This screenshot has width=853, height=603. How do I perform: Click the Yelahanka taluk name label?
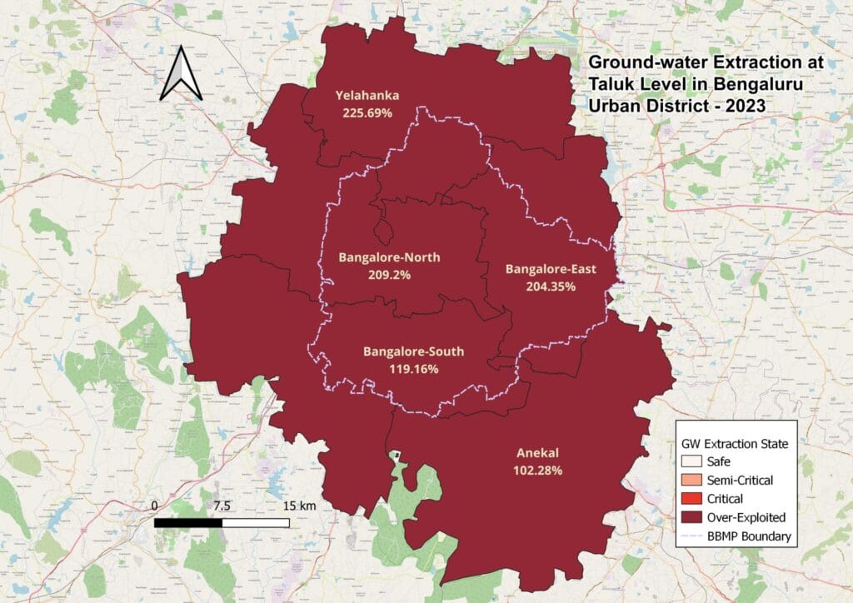(367, 96)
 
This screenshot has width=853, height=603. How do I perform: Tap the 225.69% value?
(367, 112)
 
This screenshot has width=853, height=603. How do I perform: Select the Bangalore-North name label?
(389, 257)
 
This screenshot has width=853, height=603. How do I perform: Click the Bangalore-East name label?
(551, 269)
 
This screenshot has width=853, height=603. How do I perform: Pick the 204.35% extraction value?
(551, 286)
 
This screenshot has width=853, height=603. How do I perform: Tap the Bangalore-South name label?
(413, 351)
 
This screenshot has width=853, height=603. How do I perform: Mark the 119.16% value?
(413, 368)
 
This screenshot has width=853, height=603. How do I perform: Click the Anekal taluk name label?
(537, 453)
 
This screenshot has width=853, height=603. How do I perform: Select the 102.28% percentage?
(537, 470)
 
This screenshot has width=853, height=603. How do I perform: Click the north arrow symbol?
(182, 74)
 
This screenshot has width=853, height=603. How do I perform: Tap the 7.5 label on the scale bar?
(222, 506)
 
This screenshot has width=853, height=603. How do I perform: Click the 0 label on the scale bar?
(155, 506)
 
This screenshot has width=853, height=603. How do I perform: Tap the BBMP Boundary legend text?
(748, 536)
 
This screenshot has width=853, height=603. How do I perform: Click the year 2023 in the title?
(740, 107)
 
